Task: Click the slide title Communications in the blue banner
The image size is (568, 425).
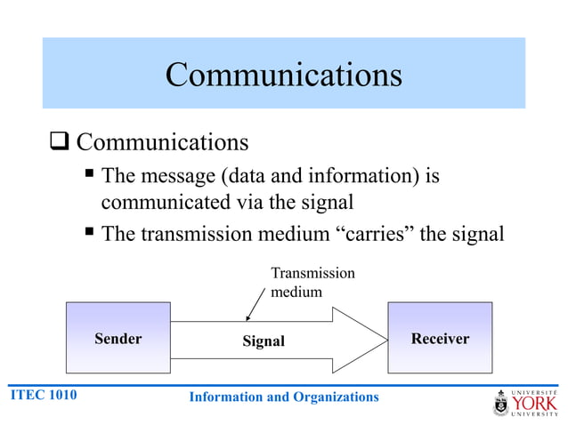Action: click(283, 75)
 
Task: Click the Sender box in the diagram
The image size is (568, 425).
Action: click(118, 339)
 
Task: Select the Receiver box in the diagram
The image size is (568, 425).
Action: click(440, 339)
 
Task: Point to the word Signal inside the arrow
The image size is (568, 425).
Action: click(264, 341)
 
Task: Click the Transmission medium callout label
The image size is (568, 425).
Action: click(312, 282)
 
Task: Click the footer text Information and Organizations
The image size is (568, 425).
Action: click(284, 397)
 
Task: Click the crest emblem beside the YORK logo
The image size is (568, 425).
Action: click(501, 404)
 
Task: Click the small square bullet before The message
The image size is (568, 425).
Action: click(90, 175)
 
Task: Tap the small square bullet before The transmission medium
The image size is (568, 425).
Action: click(90, 233)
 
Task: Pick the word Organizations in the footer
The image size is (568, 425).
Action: click(332, 397)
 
